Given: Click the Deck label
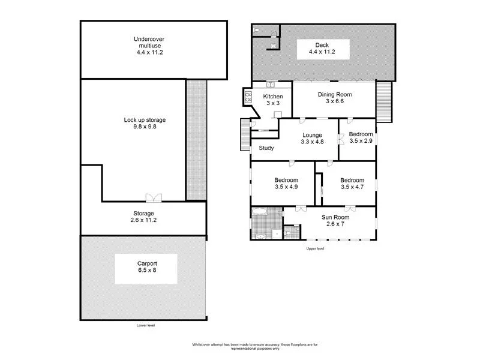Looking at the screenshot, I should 323,44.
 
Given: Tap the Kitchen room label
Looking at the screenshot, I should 273,97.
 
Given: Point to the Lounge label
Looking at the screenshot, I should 312,135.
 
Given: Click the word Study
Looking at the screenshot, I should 266,148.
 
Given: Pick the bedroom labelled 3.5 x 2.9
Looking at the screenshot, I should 361,138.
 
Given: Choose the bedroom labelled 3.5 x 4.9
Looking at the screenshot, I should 286,183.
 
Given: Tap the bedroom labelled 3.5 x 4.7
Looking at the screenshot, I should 352,183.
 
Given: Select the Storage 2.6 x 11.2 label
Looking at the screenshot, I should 143,217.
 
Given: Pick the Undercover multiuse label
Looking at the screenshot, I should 149,46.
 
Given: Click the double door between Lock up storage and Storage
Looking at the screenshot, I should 154,197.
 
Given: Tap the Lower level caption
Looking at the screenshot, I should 145,325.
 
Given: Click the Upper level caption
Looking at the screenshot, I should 315,248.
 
